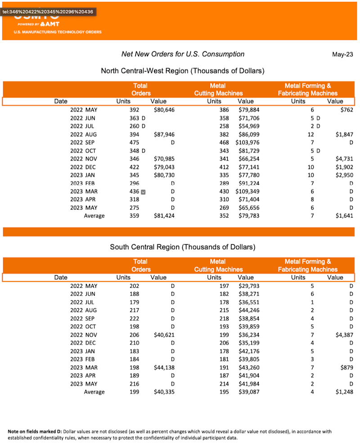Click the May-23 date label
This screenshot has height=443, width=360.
click(342, 54)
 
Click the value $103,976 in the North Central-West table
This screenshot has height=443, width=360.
click(247, 143)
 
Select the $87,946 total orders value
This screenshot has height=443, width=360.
click(162, 134)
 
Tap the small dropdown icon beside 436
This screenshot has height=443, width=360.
click(144, 192)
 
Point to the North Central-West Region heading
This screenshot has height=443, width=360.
click(182, 71)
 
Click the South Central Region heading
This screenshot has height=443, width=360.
click(182, 247)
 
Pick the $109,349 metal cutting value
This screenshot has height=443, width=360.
click(247, 192)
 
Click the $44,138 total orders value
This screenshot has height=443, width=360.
click(162, 367)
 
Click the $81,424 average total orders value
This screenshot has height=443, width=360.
click(162, 216)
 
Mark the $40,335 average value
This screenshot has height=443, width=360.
click(162, 392)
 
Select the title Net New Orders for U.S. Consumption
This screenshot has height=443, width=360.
click(183, 54)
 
